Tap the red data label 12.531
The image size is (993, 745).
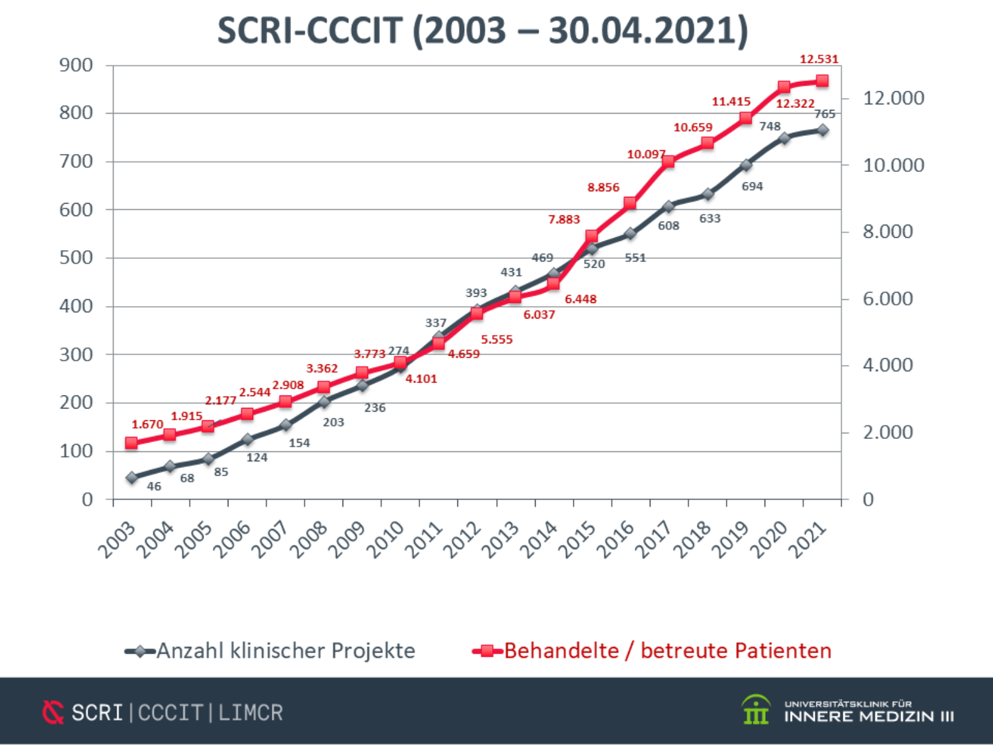(x=819, y=60)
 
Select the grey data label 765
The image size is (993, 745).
(x=825, y=114)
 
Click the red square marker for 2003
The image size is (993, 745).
(x=132, y=443)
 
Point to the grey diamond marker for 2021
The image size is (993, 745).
(x=823, y=130)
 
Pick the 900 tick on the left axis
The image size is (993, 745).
(x=76, y=65)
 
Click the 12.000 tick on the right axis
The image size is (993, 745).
(x=893, y=98)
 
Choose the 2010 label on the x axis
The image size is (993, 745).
(x=386, y=539)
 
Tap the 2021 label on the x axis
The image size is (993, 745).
(x=807, y=539)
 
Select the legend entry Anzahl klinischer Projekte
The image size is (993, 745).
(x=285, y=651)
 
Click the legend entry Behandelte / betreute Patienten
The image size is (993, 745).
(x=667, y=651)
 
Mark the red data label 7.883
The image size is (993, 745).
(x=564, y=220)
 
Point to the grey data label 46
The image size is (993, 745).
(x=154, y=487)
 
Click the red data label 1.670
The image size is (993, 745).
(x=147, y=425)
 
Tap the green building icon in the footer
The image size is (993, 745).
(x=756, y=710)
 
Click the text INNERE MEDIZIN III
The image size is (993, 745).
(x=869, y=716)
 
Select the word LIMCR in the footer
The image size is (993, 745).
(x=251, y=712)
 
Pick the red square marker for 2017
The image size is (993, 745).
(x=668, y=161)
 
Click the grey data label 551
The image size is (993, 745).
(x=635, y=258)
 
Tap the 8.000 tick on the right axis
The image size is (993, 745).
(x=887, y=232)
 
